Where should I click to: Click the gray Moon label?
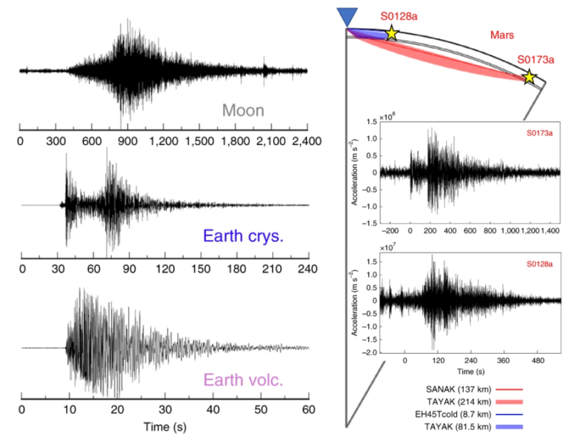[243, 112]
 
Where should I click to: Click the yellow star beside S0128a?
[391, 33]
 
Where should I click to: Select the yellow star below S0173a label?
[529, 76]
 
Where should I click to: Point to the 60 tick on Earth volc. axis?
[308, 408]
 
